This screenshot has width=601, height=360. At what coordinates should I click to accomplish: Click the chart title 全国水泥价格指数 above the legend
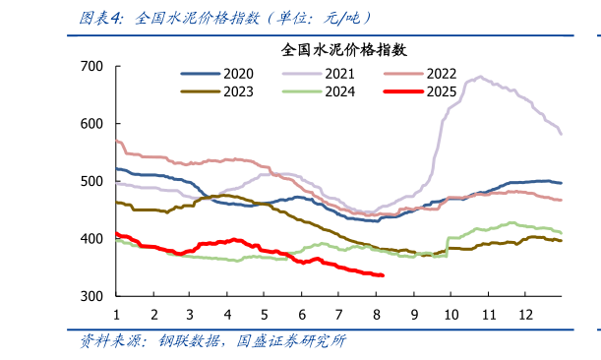(x=344, y=48)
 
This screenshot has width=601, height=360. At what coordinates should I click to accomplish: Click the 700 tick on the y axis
(x=91, y=66)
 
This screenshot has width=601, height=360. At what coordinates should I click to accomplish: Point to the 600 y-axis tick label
(x=91, y=124)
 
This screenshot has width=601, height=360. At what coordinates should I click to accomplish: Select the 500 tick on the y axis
(x=91, y=181)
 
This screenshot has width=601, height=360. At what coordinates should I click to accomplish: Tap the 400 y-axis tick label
(x=91, y=239)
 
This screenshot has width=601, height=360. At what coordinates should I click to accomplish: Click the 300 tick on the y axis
(x=91, y=296)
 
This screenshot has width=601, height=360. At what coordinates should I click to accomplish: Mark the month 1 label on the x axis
(x=116, y=314)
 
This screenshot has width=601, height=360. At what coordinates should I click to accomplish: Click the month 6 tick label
(x=302, y=314)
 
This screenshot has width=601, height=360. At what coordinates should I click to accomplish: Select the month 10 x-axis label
(x=451, y=314)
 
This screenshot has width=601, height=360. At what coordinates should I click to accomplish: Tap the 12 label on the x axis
(x=525, y=314)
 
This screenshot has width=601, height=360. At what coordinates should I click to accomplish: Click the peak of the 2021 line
(x=479, y=76)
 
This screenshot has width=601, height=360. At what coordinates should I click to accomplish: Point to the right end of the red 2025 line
(x=382, y=275)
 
